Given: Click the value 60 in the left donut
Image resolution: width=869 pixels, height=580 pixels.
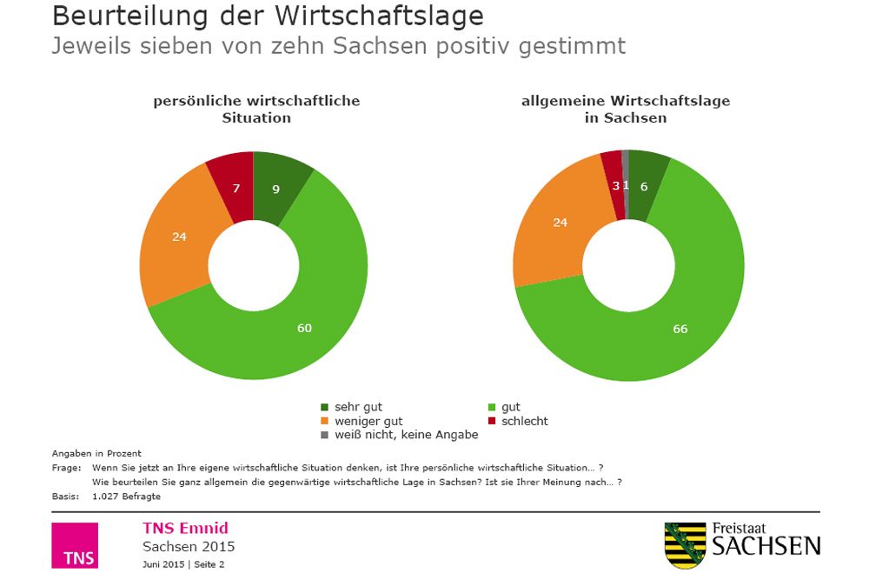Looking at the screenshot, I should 303,328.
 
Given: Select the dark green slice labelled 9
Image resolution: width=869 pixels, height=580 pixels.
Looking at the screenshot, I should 275,189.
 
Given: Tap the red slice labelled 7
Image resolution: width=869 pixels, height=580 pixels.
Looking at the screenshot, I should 235,188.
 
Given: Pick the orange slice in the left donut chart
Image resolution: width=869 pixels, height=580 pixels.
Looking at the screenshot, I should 180,237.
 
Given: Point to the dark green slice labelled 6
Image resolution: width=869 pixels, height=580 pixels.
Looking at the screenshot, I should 644,185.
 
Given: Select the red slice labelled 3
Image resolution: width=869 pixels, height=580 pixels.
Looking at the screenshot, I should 614,185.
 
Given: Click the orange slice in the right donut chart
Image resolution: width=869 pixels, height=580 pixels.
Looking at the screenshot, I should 561,223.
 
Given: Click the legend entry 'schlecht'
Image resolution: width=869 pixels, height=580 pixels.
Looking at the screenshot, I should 524,421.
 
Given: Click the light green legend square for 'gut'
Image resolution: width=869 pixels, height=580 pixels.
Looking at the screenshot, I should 493,407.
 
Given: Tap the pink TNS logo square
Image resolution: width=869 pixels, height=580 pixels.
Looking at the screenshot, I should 75,545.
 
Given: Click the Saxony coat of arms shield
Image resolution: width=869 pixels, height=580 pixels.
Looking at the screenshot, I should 685,545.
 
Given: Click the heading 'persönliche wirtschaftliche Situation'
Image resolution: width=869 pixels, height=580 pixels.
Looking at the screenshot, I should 256,109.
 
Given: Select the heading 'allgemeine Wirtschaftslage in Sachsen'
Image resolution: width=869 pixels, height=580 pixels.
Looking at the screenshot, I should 625,109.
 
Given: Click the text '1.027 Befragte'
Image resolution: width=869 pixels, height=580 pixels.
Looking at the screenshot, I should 126,497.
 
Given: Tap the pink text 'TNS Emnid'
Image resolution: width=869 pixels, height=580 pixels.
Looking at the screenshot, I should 185,529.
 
